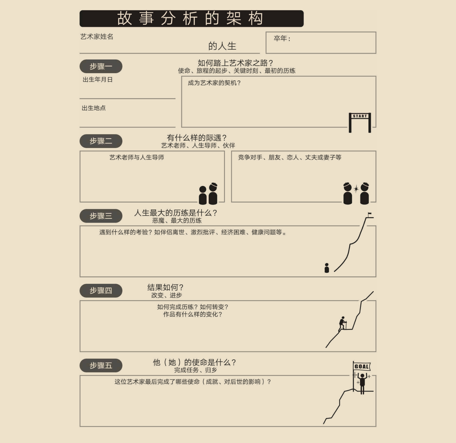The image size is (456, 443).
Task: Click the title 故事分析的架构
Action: click(x=190, y=19)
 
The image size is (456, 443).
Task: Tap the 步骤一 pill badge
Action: click(x=101, y=66)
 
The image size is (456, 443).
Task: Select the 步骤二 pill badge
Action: click(x=101, y=141)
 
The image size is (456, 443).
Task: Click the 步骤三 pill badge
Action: click(x=101, y=216)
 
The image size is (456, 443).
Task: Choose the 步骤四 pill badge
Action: click(x=101, y=291)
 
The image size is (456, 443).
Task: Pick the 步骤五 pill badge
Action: click(x=101, y=365)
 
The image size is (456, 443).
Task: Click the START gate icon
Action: click(x=360, y=123)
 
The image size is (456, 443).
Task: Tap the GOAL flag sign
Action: click(x=362, y=367)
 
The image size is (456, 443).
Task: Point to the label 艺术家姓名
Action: click(x=97, y=37)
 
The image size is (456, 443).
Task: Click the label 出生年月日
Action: click(x=98, y=79)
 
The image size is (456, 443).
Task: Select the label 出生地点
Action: click(x=94, y=108)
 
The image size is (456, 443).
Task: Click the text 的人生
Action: click(x=222, y=46)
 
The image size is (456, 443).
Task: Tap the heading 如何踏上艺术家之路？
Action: click(x=235, y=63)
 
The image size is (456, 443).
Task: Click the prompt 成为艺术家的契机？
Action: click(x=214, y=83)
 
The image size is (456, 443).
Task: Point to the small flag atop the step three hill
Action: click(x=370, y=214)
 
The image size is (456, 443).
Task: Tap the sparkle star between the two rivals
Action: click(x=356, y=189)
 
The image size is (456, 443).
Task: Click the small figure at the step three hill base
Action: click(x=327, y=268)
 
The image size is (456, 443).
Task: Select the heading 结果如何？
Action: click(x=165, y=287)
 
